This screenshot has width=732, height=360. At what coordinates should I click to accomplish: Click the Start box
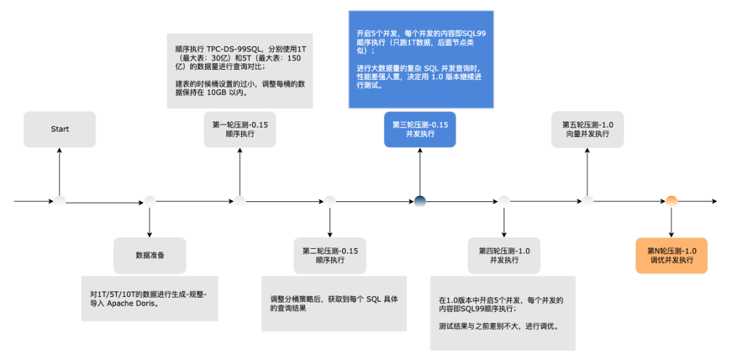click(60, 129)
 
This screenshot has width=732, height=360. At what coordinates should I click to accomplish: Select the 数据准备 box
click(150, 256)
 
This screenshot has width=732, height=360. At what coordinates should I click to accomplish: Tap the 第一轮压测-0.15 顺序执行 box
click(240, 129)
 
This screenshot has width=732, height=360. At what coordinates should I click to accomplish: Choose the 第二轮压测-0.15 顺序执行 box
click(330, 256)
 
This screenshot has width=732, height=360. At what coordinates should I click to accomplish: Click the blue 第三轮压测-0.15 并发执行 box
click(420, 129)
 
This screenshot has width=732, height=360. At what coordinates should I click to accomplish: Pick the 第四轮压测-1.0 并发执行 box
click(504, 256)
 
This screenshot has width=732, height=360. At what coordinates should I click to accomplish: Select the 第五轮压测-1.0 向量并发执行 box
click(588, 129)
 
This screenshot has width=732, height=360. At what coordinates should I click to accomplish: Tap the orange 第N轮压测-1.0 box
click(672, 256)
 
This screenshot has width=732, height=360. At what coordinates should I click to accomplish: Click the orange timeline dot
click(672, 201)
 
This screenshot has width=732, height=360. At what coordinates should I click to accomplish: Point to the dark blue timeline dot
click(420, 201)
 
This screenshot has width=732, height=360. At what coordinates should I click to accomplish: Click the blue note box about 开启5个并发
click(421, 60)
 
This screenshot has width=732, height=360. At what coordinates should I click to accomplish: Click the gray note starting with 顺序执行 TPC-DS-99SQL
click(240, 71)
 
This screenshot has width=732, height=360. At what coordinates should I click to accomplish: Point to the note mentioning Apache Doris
click(150, 298)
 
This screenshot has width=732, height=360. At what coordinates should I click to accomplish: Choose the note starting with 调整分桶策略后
click(334, 303)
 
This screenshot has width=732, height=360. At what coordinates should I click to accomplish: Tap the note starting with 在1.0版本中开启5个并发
click(502, 313)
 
